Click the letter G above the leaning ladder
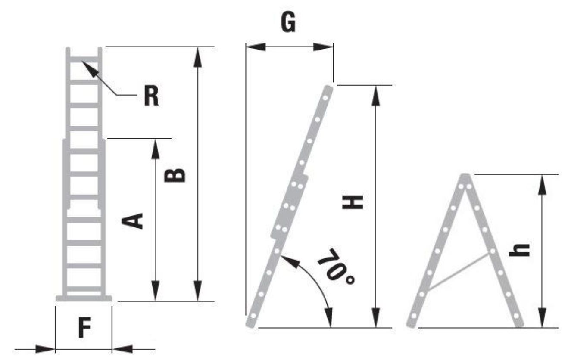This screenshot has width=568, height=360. click(x=288, y=22)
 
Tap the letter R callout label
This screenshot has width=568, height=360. click(x=151, y=95)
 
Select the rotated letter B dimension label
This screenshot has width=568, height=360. click(x=175, y=176)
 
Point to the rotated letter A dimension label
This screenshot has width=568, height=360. click(x=132, y=221)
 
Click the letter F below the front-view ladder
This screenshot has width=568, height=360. click(x=84, y=328)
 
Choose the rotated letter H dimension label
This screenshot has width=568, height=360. click(x=353, y=202)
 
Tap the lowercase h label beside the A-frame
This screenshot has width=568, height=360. click(x=519, y=250)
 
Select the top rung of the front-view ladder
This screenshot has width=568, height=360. click(x=84, y=60)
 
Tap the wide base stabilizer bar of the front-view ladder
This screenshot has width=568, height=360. click(x=84, y=298)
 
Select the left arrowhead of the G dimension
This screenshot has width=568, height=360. click(x=256, y=47)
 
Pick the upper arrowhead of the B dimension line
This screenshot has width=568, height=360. click(x=198, y=57)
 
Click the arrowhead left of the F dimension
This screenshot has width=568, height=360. click(x=45, y=349)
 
